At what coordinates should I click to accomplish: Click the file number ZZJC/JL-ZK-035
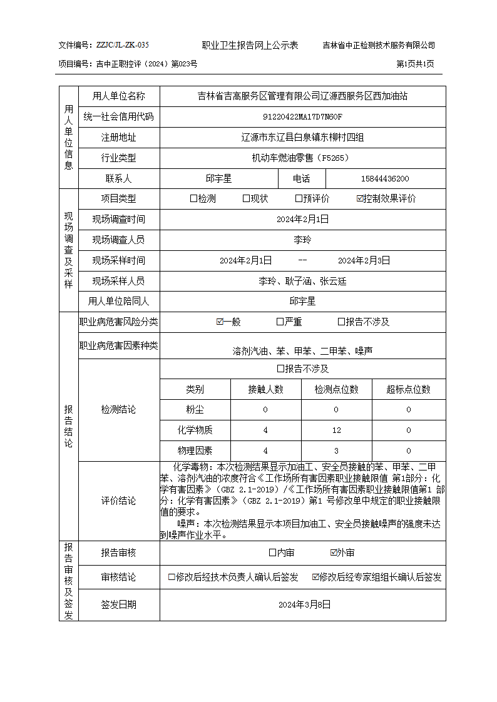[x=123, y=45]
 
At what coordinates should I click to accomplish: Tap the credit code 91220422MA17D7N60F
[x=303, y=117]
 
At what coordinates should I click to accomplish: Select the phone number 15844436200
[x=386, y=178]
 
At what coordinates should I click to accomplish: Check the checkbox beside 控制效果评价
[x=360, y=199]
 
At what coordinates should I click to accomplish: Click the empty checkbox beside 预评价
[x=299, y=199]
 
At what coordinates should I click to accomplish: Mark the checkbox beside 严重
[x=280, y=322]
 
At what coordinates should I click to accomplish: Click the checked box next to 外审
[x=334, y=552]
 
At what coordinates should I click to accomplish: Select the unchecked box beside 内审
[x=272, y=552]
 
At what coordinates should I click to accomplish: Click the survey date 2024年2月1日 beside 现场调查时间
[x=303, y=219]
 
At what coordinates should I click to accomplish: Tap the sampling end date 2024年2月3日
[x=364, y=260]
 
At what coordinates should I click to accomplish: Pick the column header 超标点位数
[x=409, y=389]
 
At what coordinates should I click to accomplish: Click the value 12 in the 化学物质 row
[x=336, y=430]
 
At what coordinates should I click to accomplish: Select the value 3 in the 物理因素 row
[x=336, y=450]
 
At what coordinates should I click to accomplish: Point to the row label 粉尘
[x=195, y=409]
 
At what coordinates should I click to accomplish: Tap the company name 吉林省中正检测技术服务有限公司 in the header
[x=379, y=45]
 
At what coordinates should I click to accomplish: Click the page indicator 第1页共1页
[x=416, y=64]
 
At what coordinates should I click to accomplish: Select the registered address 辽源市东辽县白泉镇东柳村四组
[x=303, y=138]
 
